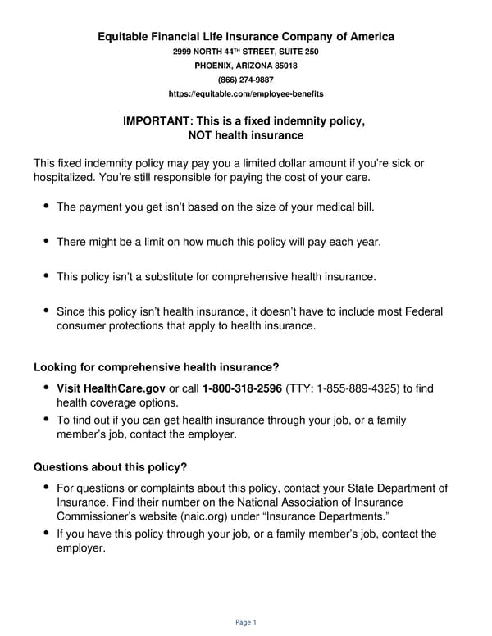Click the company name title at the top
[x=246, y=36]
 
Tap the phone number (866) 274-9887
[x=246, y=79]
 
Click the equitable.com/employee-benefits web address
[x=246, y=94]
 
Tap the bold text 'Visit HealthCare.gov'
[x=111, y=387]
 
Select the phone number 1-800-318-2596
[x=242, y=387]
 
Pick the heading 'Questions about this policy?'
[x=110, y=467]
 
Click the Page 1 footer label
[x=246, y=622]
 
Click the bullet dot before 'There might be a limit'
[x=46, y=241]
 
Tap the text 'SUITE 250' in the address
[x=300, y=52]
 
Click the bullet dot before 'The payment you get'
[x=46, y=206]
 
